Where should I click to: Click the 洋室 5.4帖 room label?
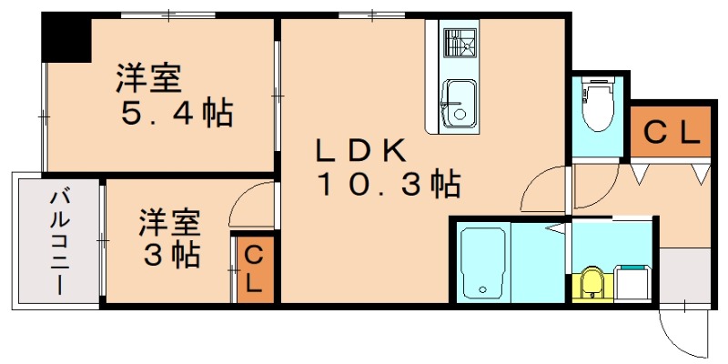[x=172, y=96]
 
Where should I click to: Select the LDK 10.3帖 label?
[x=387, y=168]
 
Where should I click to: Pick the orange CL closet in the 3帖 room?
[x=253, y=268]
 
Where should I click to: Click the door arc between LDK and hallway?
[x=543, y=192]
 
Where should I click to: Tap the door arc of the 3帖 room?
[x=250, y=204]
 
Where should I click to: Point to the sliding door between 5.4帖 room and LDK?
[x=277, y=91]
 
